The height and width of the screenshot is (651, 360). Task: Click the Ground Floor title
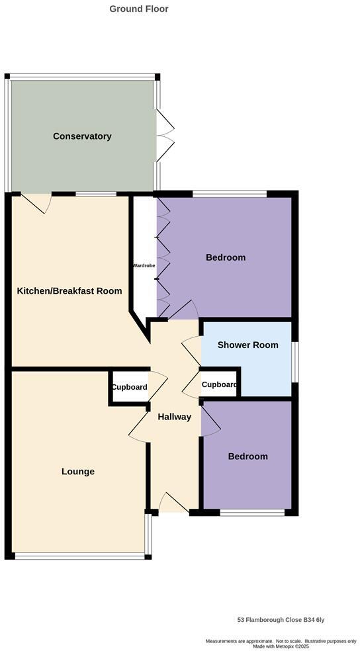pyautogui.click(x=139, y=9)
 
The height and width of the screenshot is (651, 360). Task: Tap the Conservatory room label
pyautogui.click(x=82, y=136)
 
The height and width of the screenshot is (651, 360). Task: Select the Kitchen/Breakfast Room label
pyautogui.click(x=69, y=290)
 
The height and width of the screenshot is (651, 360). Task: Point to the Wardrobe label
pyautogui.click(x=144, y=265)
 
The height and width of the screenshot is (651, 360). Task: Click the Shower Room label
pyautogui.click(x=247, y=345)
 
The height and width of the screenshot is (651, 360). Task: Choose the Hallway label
pyautogui.click(x=174, y=417)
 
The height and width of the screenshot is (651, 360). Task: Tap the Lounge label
pyautogui.click(x=78, y=472)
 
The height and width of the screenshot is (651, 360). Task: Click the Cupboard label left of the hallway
pyautogui.click(x=129, y=387)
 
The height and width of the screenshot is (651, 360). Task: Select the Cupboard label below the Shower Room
pyautogui.click(x=219, y=384)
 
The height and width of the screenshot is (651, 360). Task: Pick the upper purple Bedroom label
pyautogui.click(x=226, y=257)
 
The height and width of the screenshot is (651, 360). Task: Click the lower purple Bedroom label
pyautogui.click(x=248, y=456)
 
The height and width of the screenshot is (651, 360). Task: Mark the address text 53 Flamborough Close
pyautogui.click(x=281, y=620)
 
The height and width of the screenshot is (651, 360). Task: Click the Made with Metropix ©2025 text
pyautogui.click(x=281, y=646)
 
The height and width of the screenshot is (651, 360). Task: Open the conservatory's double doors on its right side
pyautogui.click(x=165, y=136)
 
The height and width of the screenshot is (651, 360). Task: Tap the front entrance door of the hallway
pyautogui.click(x=174, y=504)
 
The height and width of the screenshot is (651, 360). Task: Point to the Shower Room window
pyautogui.click(x=294, y=361)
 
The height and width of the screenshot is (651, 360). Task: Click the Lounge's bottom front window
pyautogui.click(x=79, y=556)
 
